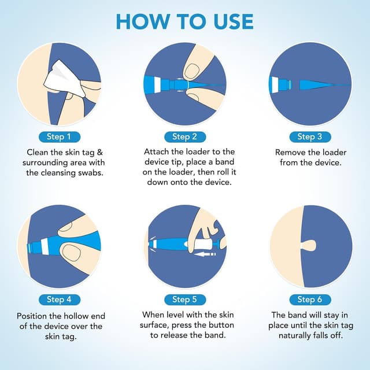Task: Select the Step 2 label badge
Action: coord(185,137)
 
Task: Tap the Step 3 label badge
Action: coord(310,137)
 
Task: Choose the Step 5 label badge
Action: coord(185,299)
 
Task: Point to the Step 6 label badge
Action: coord(310,299)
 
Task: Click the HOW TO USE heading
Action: coord(185,21)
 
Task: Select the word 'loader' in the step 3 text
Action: coord(332,152)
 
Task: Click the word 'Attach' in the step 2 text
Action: coord(157,151)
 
